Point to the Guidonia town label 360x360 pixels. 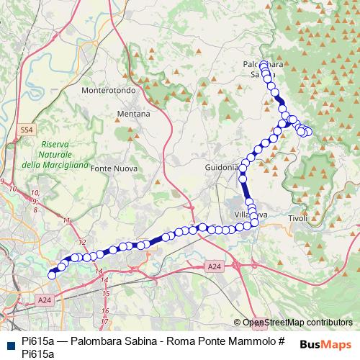tap(220, 168)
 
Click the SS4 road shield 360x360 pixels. tap(27, 130)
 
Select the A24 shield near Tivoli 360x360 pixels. tap(213, 266)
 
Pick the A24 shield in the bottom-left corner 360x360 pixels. tap(45, 300)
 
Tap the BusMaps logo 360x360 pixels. tap(324, 344)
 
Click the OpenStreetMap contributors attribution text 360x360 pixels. tap(297, 323)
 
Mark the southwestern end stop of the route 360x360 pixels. tap(52, 274)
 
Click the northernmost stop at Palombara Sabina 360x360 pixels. tap(264, 64)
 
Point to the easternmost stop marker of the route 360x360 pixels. tap(309, 131)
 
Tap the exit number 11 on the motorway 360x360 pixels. tap(67, 220)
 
